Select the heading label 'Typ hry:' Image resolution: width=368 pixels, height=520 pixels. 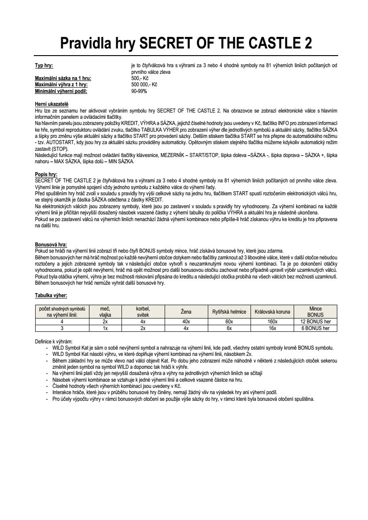44,66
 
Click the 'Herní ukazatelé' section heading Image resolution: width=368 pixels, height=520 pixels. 52,103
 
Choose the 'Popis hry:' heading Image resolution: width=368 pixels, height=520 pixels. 46,175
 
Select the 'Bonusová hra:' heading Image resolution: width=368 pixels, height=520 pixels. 51,244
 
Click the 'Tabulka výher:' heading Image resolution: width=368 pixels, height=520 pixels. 51,295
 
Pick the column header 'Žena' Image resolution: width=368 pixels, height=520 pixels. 186,311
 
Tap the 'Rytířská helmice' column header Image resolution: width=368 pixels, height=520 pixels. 229,311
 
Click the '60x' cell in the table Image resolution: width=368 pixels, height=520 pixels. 229,321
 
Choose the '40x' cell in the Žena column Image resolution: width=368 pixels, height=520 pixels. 186,321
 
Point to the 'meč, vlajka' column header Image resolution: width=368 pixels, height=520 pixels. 105,311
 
